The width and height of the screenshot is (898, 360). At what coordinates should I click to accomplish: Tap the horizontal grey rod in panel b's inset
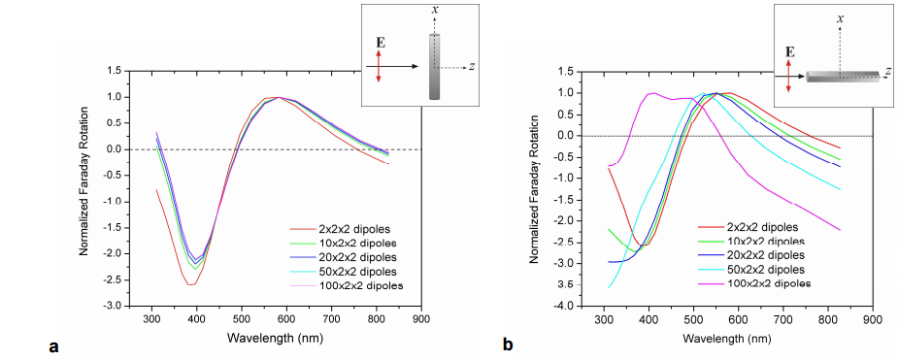pos(842,76)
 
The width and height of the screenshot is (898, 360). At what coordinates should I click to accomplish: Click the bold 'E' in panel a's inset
pos(379,43)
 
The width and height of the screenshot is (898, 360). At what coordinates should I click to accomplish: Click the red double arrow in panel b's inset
pos(789,75)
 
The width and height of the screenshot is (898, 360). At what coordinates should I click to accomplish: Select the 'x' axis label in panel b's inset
pos(839,17)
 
